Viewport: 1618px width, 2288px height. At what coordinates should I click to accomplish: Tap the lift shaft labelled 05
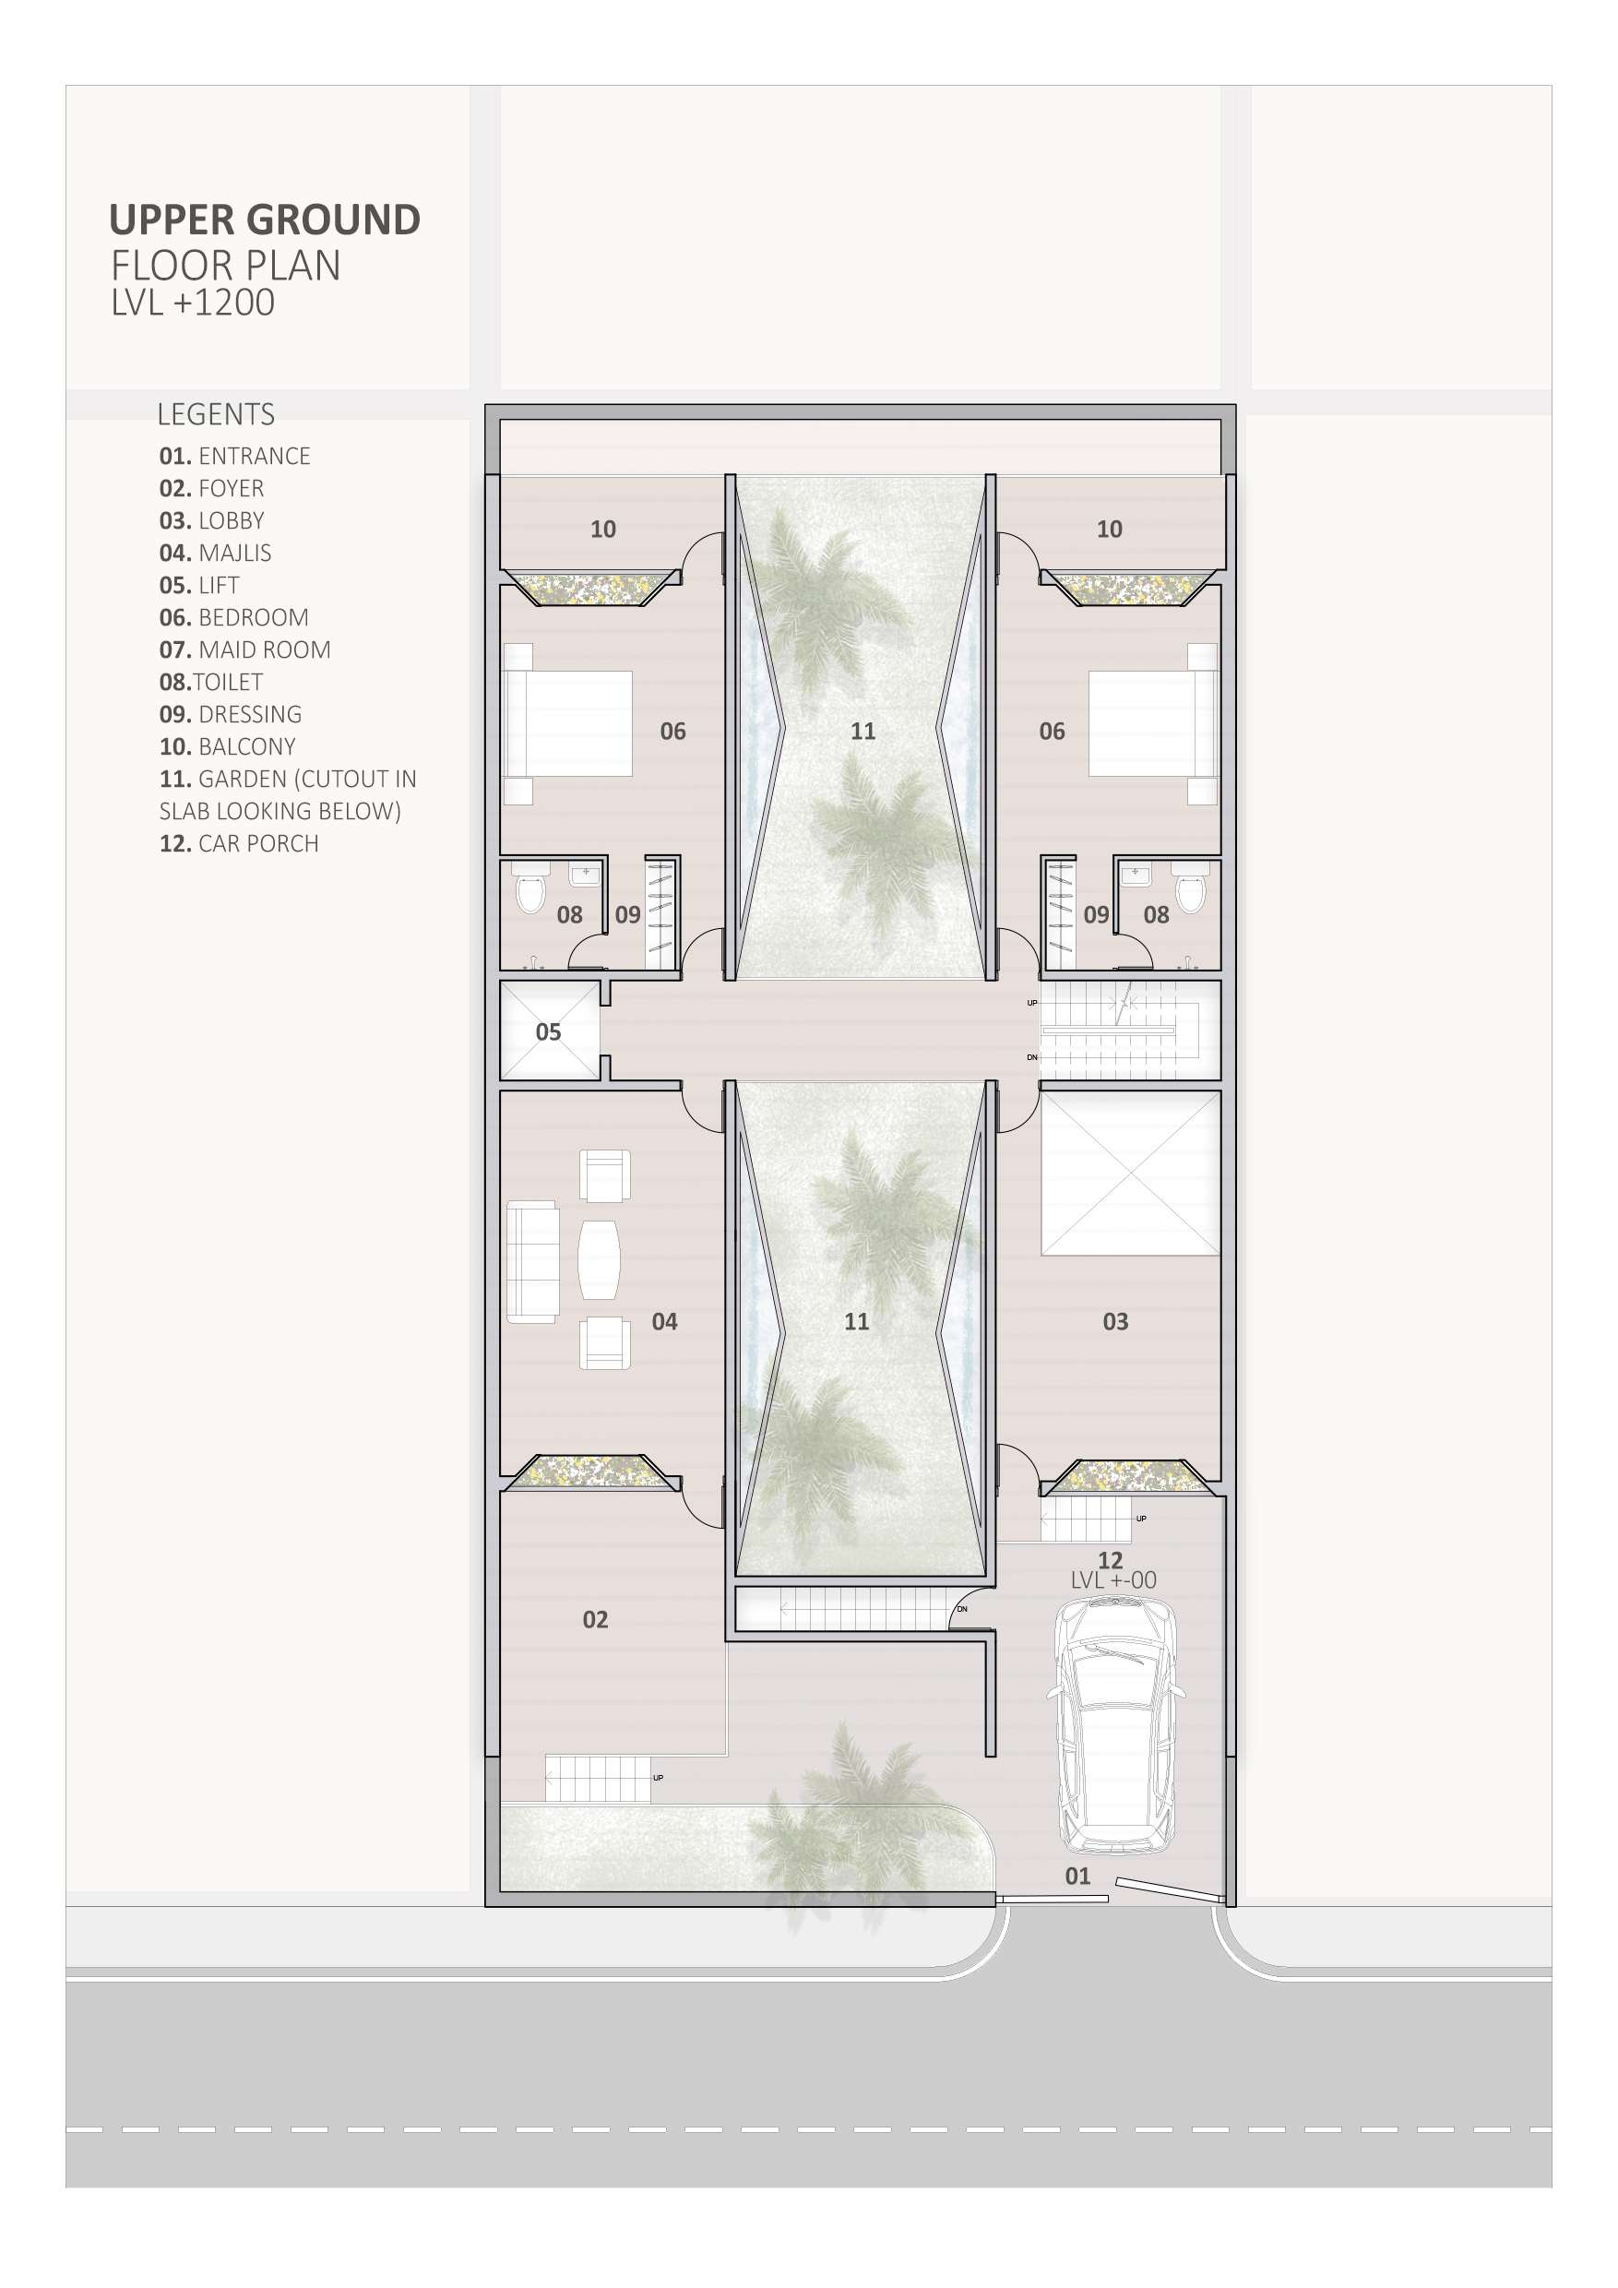click(x=550, y=1031)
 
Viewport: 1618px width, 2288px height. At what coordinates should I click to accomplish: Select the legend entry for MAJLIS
click(x=215, y=553)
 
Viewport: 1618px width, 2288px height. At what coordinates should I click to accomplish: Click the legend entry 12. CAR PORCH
click(x=239, y=843)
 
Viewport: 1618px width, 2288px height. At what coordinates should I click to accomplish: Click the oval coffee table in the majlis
click(x=599, y=1259)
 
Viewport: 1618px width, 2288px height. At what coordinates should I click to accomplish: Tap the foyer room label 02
click(x=595, y=1619)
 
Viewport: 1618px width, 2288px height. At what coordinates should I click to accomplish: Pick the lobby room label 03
click(x=1115, y=1321)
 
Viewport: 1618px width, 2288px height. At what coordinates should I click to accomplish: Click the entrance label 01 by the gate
click(x=1077, y=1876)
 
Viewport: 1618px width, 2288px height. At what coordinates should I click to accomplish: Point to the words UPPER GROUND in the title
click(x=265, y=220)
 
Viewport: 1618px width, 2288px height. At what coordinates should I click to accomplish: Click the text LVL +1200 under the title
click(x=194, y=303)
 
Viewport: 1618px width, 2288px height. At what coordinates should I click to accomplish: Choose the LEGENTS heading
click(x=216, y=413)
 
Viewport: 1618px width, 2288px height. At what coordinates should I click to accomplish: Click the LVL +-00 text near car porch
click(x=1113, y=1579)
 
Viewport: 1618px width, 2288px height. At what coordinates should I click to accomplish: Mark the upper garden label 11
click(x=863, y=732)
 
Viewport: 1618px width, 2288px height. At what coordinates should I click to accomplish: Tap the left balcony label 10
click(x=602, y=530)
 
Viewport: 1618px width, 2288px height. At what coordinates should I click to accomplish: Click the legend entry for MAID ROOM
click(x=245, y=649)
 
